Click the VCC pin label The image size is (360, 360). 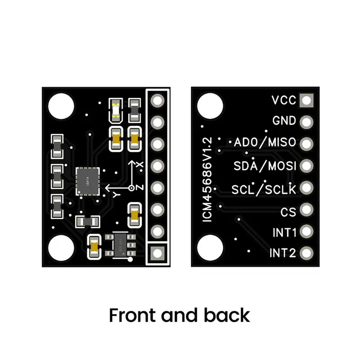point(284,100)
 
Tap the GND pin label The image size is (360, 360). point(284,121)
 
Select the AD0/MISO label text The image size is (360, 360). point(265,143)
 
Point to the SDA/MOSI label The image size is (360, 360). point(265,166)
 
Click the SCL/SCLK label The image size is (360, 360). point(264,189)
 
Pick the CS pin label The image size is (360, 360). point(288,211)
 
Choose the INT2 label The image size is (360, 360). point(283,253)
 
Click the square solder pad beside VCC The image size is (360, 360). point(307,100)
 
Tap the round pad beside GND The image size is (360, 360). point(307,121)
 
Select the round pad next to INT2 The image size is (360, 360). point(307,253)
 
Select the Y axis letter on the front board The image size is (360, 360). point(116,194)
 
